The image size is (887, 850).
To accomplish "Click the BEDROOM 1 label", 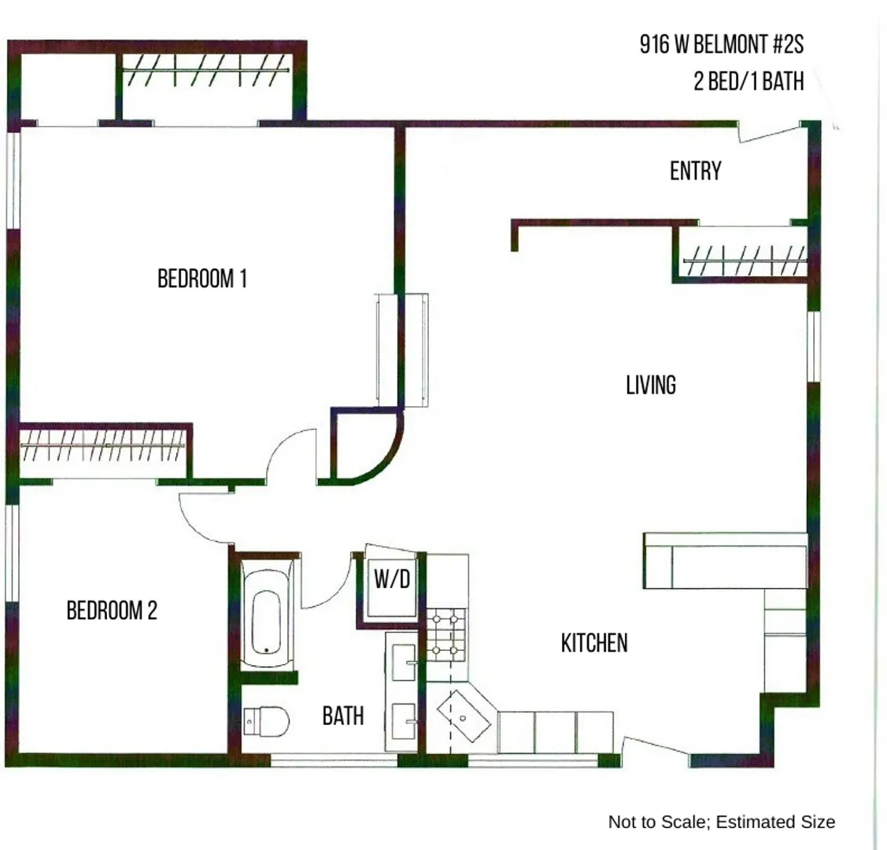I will click(202, 279).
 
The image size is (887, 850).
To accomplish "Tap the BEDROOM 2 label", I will click(112, 611).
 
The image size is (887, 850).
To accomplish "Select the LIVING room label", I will click(650, 386).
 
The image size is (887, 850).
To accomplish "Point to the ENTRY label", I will click(695, 172).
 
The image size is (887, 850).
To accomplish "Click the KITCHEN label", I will click(594, 643).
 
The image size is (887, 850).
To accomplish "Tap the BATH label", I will click(343, 716).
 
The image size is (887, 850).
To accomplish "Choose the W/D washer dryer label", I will click(391, 581).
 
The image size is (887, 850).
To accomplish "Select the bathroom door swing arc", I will click(327, 586).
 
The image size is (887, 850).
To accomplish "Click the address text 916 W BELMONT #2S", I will click(722, 46).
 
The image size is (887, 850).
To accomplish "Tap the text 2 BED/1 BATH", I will click(748, 81).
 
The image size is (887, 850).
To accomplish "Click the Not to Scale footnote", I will click(721, 822).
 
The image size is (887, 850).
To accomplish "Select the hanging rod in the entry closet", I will click(744, 261).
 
